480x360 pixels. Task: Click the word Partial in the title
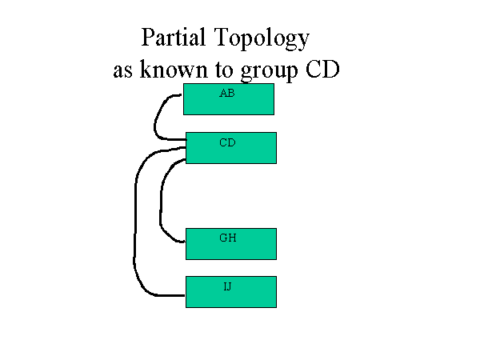tap(174, 38)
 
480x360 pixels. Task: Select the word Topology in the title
tap(262, 38)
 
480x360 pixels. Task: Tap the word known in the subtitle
tap(174, 69)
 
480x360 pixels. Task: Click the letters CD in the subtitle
tap(322, 69)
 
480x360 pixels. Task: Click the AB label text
tap(227, 93)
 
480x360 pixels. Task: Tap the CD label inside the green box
tap(227, 142)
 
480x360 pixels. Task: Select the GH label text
tap(228, 238)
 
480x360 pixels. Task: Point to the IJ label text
tap(227, 286)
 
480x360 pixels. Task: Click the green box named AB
tap(229, 99)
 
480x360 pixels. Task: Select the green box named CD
tap(231, 148)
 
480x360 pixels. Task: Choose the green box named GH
tap(231, 244)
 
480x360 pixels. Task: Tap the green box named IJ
tap(231, 292)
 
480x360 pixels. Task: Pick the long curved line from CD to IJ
tap(134, 221)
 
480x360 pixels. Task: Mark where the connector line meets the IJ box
tap(186, 296)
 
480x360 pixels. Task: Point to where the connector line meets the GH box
tap(186, 242)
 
